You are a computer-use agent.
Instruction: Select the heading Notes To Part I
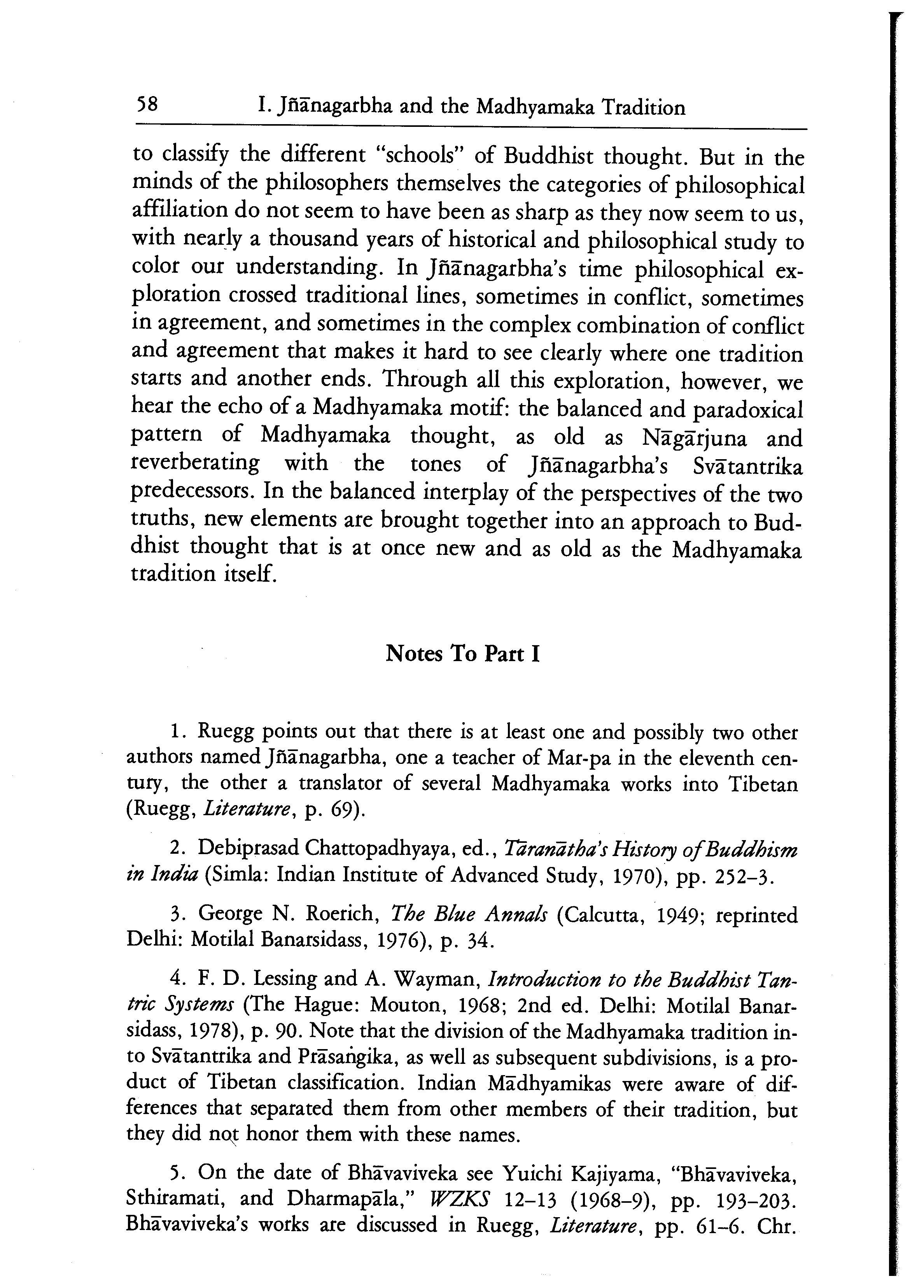tap(462, 654)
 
